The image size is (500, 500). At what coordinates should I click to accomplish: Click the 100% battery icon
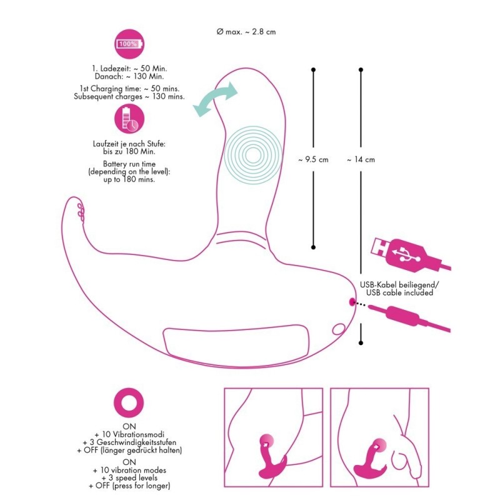129,44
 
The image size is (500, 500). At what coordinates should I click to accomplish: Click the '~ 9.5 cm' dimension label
314,159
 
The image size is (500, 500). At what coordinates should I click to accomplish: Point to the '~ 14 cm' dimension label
361,159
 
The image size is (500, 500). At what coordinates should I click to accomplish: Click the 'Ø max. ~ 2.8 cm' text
245,32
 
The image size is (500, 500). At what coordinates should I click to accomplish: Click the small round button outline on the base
339,327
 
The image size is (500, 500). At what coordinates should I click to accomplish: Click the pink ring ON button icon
129,403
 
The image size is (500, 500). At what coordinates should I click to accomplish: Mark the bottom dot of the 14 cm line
361,342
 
